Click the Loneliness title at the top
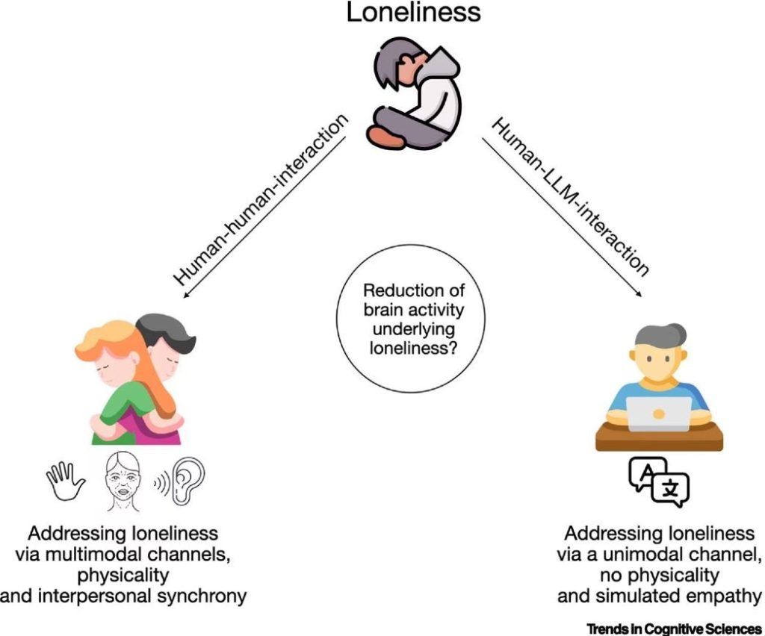tap(413, 13)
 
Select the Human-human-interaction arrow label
tap(261, 199)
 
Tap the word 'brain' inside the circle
tap(383, 311)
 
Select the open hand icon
tap(66, 481)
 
